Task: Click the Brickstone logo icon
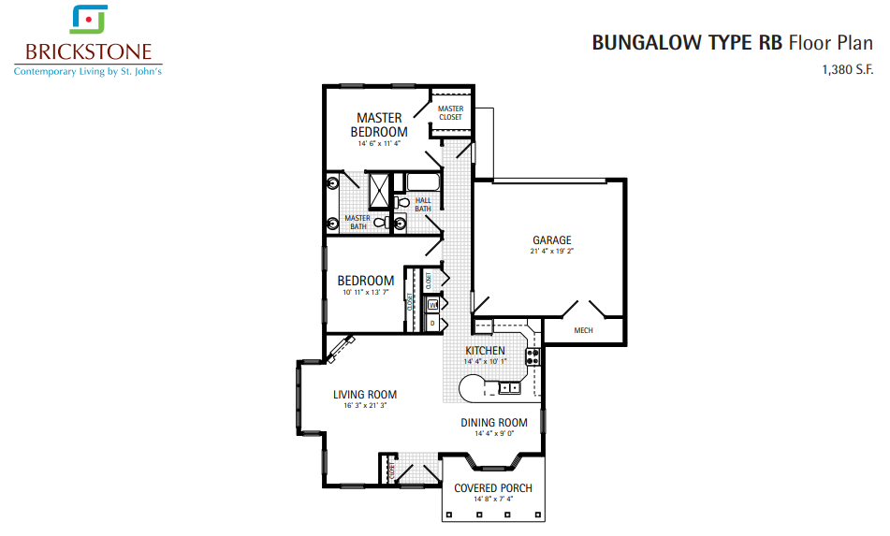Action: (x=89, y=20)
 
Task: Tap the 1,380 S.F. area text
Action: (x=848, y=70)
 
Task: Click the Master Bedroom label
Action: (x=379, y=124)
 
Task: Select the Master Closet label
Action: (x=451, y=113)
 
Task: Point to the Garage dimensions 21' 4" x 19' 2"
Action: (x=552, y=251)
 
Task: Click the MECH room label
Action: (x=583, y=330)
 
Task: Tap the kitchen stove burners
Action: (x=533, y=356)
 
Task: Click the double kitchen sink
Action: (x=509, y=388)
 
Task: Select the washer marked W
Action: (x=433, y=305)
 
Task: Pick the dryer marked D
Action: (x=432, y=323)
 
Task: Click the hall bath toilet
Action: (x=402, y=202)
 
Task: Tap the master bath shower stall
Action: (x=379, y=190)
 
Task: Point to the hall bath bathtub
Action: (x=423, y=182)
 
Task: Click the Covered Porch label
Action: (x=492, y=487)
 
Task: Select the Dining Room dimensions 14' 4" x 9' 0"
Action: (x=494, y=434)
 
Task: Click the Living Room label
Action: (x=365, y=395)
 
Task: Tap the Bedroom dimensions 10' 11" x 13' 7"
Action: (x=366, y=293)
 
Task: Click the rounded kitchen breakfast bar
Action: (x=470, y=389)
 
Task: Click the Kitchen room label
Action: (x=486, y=351)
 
